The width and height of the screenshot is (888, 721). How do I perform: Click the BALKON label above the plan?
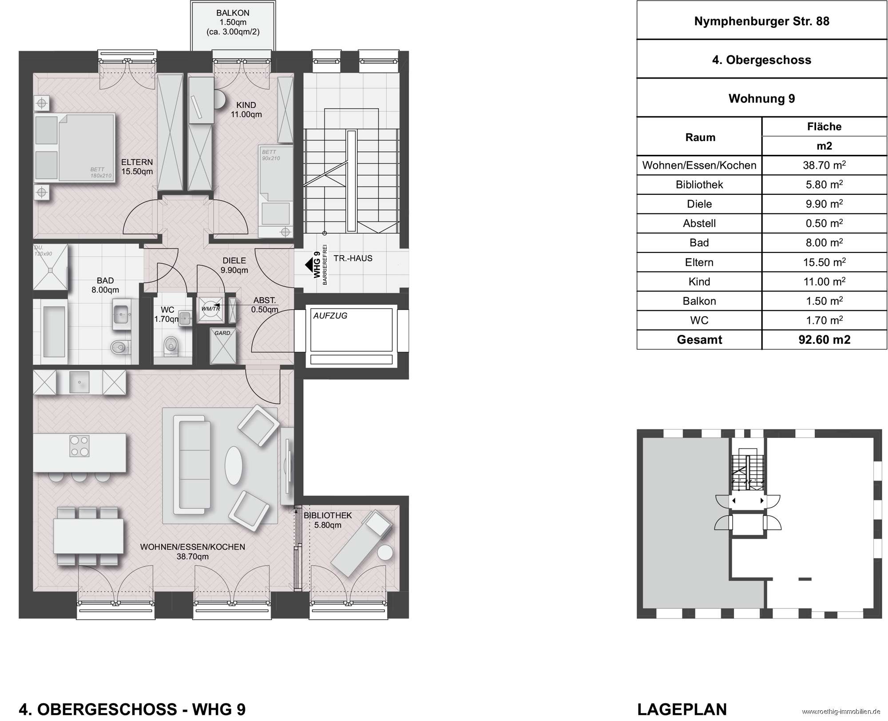point(233,13)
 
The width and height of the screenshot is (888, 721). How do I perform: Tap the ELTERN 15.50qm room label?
point(137,167)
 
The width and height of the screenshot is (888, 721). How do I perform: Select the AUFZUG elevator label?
point(330,316)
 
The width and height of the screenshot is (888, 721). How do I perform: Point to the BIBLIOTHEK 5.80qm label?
point(328,520)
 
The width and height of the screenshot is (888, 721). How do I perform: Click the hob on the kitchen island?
point(79,446)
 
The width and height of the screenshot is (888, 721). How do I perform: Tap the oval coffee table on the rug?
point(234,466)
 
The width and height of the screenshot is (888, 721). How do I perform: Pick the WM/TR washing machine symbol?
point(210,308)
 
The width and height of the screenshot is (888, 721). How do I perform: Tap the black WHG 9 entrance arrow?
point(309,265)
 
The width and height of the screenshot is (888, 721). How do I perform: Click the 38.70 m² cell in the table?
point(824,165)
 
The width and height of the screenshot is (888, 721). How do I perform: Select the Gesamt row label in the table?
point(699,340)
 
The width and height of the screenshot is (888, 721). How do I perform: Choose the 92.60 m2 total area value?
point(824,340)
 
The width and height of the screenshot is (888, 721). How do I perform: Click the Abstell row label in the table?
point(699,223)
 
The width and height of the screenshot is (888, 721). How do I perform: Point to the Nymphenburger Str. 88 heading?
point(761,21)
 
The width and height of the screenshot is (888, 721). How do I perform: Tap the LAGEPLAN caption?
point(682,709)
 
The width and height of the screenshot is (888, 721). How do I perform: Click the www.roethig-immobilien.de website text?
point(841,712)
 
